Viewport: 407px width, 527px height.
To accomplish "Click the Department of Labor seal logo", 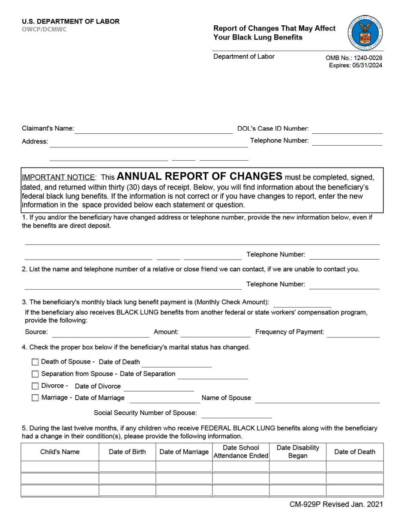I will click(x=365, y=33).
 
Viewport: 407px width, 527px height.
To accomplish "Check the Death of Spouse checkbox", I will click(x=35, y=362).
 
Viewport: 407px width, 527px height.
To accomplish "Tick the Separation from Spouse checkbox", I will click(x=35, y=374).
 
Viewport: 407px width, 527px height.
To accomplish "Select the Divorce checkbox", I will click(x=35, y=386).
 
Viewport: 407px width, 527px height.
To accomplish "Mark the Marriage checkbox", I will click(x=35, y=398).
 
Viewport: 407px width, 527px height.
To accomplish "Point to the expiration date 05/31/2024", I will click(x=367, y=66).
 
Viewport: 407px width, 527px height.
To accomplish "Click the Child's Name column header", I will click(x=60, y=452).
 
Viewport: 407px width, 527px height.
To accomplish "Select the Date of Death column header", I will click(x=355, y=452).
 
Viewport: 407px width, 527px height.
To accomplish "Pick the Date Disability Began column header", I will click(x=298, y=452).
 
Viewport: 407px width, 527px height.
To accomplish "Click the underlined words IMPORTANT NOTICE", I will click(x=58, y=177).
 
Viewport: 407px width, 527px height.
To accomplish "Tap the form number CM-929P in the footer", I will click(x=305, y=504).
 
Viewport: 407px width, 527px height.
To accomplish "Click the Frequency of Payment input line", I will click(x=353, y=333).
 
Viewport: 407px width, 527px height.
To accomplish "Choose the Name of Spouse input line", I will click(x=317, y=398).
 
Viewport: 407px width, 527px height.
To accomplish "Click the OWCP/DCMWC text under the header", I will click(x=44, y=30).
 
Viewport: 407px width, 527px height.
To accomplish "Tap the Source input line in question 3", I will click(x=100, y=333).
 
